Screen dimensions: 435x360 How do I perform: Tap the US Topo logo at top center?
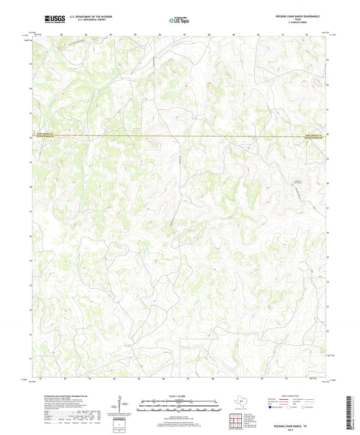pos(178,20)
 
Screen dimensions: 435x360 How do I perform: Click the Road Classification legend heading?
pos(295,396)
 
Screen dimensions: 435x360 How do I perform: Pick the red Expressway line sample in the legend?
pos(281,400)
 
